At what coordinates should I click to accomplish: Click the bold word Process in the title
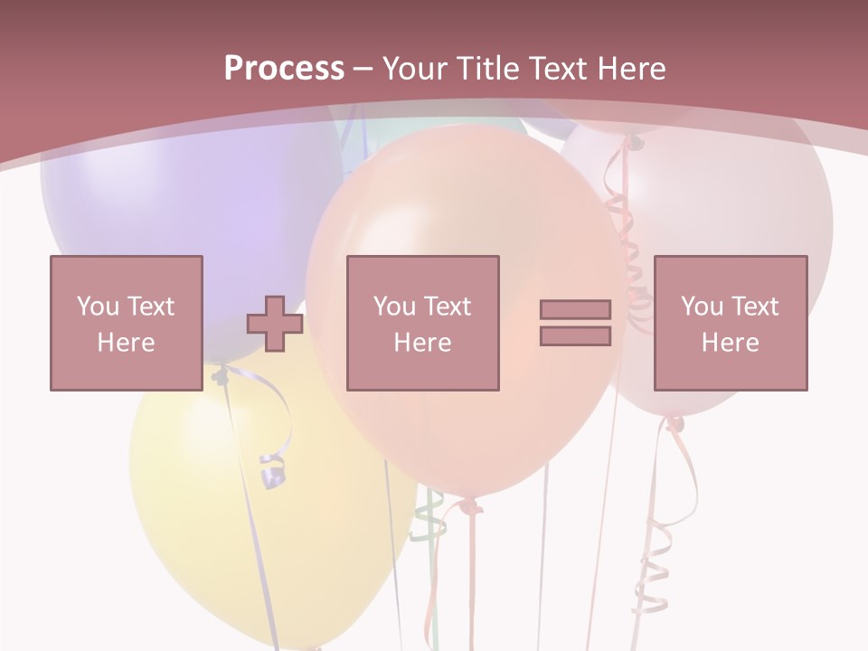tap(284, 68)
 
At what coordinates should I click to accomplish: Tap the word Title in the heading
tap(488, 68)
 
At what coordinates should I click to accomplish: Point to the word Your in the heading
tap(415, 68)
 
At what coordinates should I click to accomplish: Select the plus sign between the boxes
tap(275, 324)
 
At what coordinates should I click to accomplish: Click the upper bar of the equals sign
tap(575, 310)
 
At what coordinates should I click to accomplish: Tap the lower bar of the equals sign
tap(575, 336)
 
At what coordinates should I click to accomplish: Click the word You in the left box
tap(98, 306)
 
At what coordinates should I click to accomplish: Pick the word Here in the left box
tap(126, 343)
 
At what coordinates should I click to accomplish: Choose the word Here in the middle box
tap(422, 343)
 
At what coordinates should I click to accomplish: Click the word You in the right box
tap(702, 307)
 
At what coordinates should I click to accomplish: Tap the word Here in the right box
tap(730, 343)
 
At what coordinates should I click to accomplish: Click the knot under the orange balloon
tap(468, 505)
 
